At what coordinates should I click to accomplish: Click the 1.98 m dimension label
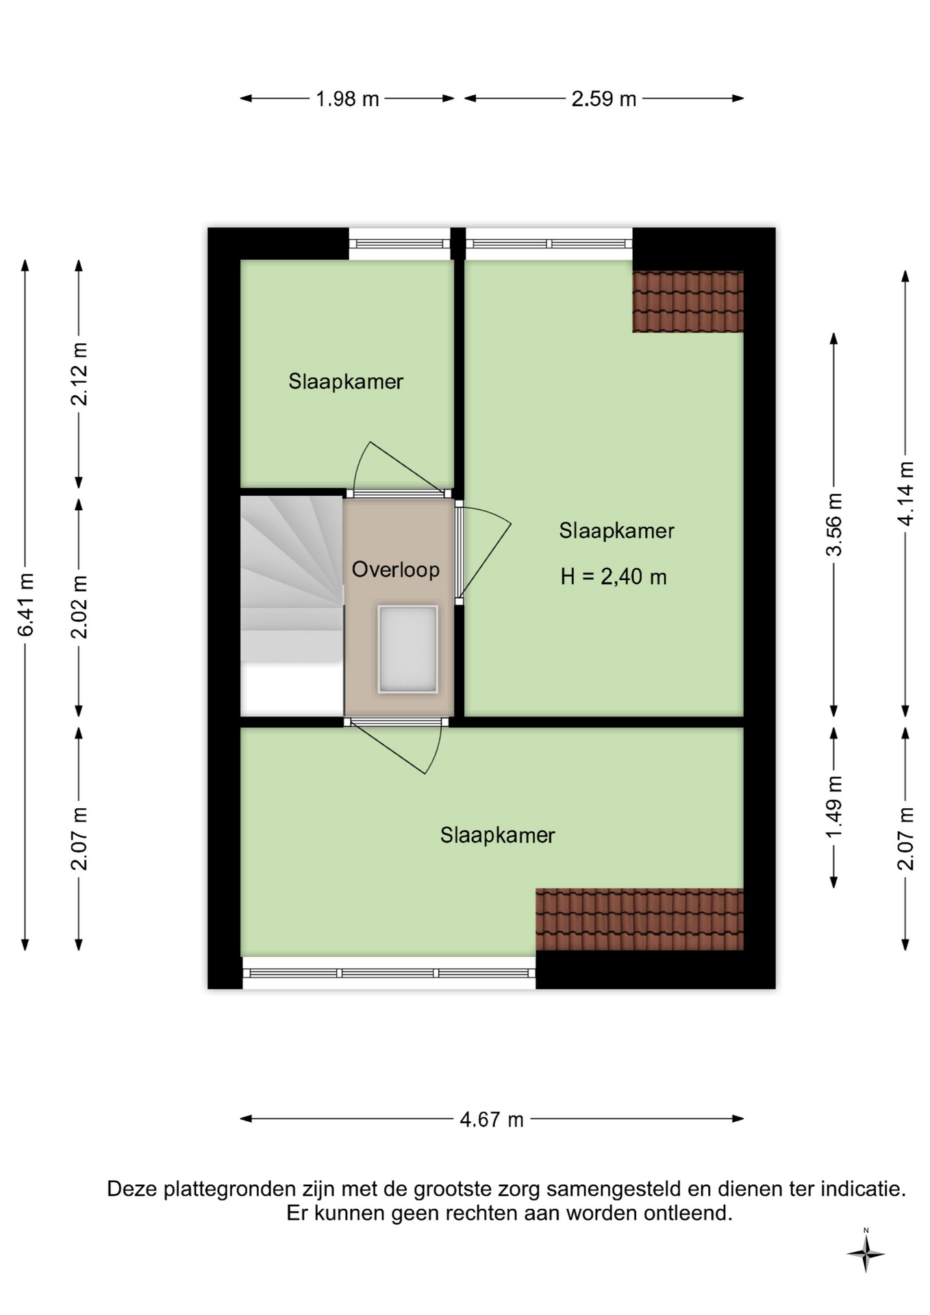click(x=347, y=99)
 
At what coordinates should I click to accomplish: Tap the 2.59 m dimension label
click(x=604, y=99)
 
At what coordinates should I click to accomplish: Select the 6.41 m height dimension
click(x=25, y=605)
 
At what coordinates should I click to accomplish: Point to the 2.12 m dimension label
click(x=79, y=374)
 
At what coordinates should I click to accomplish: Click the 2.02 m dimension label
click(x=79, y=607)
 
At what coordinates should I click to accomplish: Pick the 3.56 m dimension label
click(x=834, y=525)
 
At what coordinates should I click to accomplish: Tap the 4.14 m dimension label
click(x=905, y=494)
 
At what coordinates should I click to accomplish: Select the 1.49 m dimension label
click(x=834, y=807)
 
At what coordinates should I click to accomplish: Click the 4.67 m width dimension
click(x=492, y=1120)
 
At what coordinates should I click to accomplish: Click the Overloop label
click(x=396, y=570)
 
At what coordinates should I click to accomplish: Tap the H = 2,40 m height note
click(x=614, y=577)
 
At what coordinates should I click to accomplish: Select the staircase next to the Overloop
click(x=292, y=605)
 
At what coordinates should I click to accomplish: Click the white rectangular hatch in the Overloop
click(x=407, y=649)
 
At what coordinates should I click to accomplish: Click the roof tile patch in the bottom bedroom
click(x=640, y=919)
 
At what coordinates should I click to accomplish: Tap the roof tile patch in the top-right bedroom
click(x=688, y=301)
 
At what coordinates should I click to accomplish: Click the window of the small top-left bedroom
click(x=399, y=244)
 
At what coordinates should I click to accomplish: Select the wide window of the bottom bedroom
click(x=389, y=973)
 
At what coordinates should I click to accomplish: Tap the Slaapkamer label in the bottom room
click(x=498, y=836)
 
